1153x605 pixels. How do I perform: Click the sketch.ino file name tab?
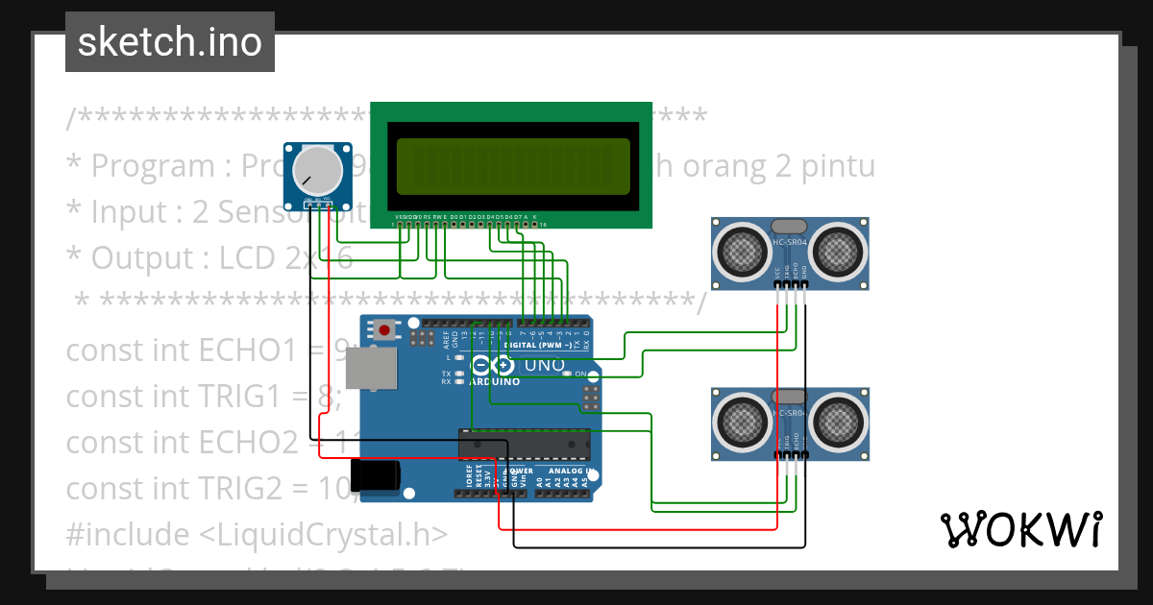click(169, 42)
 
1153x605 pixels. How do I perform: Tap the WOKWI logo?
click(1020, 529)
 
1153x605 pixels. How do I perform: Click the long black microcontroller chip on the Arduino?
click(525, 445)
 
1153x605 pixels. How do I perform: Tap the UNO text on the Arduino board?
click(543, 366)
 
